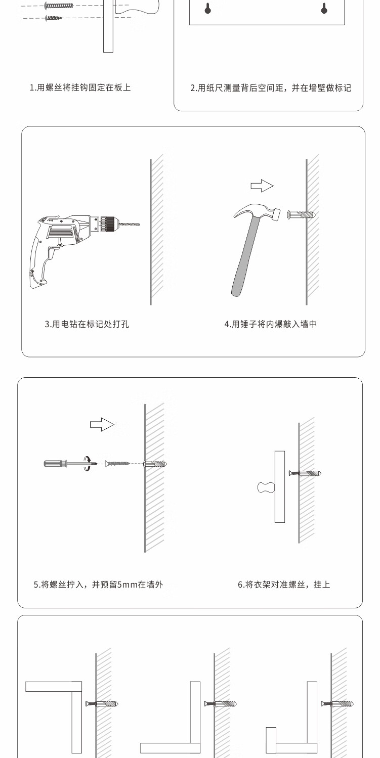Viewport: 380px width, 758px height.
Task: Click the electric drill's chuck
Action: click(x=108, y=224)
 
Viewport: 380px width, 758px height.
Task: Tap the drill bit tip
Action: click(x=139, y=224)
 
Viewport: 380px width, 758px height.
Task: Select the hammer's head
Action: click(x=258, y=212)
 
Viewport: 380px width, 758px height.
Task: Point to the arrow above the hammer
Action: click(x=262, y=186)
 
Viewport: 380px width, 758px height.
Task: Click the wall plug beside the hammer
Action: click(x=302, y=214)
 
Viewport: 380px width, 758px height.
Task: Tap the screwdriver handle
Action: click(x=55, y=463)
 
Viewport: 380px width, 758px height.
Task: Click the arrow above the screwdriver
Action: click(x=102, y=424)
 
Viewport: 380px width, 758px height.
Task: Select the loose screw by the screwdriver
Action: click(x=117, y=463)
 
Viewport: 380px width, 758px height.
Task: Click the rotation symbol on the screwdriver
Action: click(x=88, y=463)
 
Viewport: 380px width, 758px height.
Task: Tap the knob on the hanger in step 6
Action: click(x=266, y=487)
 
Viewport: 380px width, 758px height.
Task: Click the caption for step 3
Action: click(x=87, y=324)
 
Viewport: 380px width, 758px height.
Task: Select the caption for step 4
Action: click(x=271, y=324)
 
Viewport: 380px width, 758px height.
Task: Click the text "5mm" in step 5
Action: click(x=127, y=585)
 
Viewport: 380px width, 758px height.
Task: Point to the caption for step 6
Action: click(x=284, y=585)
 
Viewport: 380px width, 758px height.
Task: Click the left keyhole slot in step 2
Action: click(x=208, y=8)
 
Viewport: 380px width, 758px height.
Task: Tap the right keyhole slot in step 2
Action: click(x=324, y=8)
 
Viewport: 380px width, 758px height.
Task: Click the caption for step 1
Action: click(x=80, y=87)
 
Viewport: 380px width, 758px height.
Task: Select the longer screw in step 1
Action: click(x=59, y=6)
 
